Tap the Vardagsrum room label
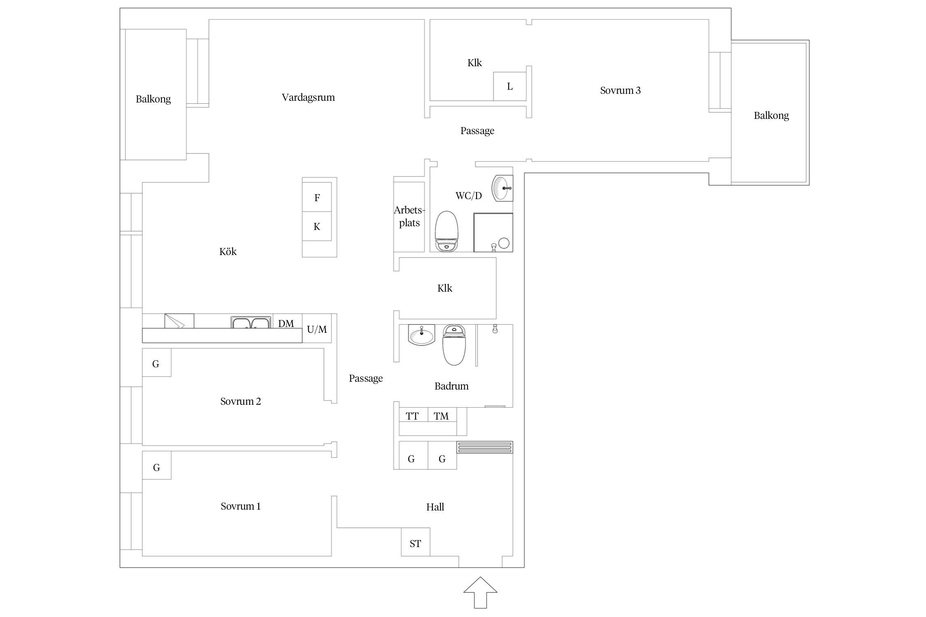tap(308, 97)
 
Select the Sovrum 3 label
tap(620, 90)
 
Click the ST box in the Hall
tap(416, 542)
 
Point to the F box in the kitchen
tap(317, 197)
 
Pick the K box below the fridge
tap(317, 226)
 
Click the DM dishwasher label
tap(286, 323)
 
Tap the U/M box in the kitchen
tap(317, 328)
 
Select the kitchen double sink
tap(251, 322)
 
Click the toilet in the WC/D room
tap(447, 231)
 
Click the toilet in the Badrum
tap(454, 345)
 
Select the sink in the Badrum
tap(421, 335)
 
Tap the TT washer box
tap(413, 415)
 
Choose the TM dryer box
tap(442, 415)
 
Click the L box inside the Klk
tap(510, 86)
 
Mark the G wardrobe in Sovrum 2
tap(156, 362)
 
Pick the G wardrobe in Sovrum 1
tap(156, 465)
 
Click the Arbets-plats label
tap(409, 216)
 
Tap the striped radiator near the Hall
tap(485, 447)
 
